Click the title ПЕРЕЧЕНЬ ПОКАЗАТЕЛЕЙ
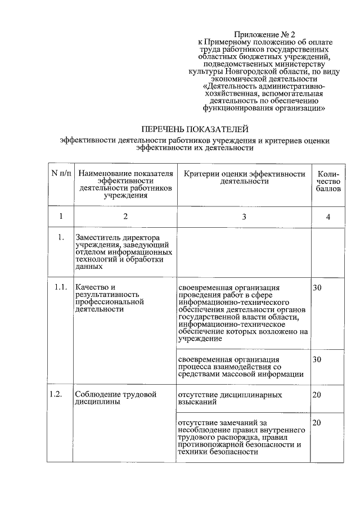tap(195, 129)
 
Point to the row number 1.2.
tap(55, 394)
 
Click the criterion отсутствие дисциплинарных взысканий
tap(229, 399)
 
